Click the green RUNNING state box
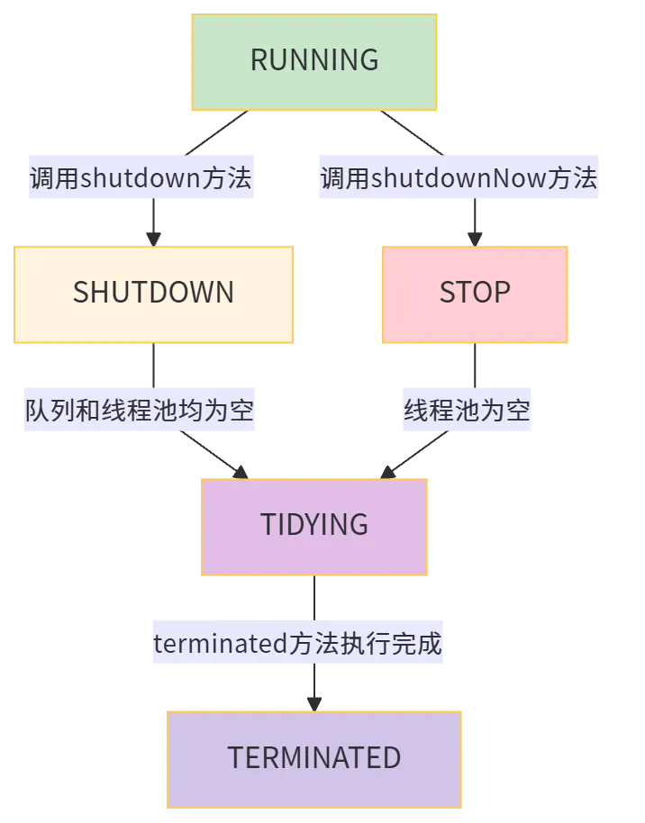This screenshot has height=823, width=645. [x=313, y=60]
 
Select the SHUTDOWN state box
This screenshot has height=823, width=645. [x=153, y=294]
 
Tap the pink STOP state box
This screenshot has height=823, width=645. [x=475, y=294]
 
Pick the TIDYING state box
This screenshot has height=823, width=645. [x=313, y=525]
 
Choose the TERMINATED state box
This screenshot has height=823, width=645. [x=313, y=758]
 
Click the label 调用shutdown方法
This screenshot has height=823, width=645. [x=141, y=178]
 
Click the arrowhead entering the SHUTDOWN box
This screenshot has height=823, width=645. [x=154, y=237]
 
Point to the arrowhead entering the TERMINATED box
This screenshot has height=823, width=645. [x=313, y=700]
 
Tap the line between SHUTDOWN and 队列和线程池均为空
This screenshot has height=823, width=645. [x=155, y=365]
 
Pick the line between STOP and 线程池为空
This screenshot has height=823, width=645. [x=475, y=365]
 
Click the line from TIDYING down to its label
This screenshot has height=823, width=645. [x=313, y=598]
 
